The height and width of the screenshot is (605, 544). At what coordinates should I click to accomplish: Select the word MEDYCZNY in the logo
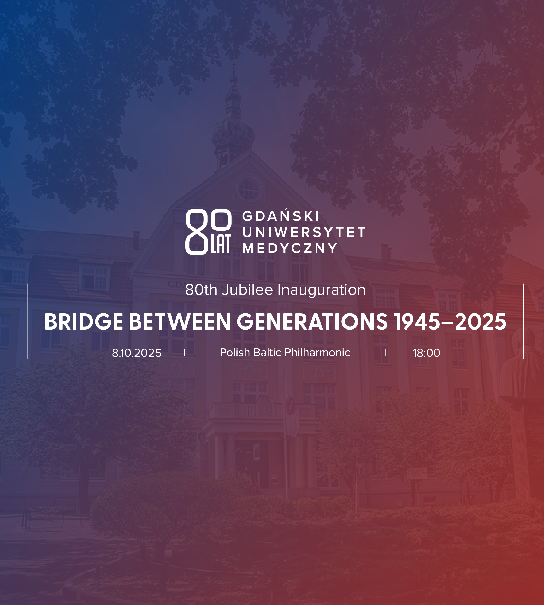coord(290,248)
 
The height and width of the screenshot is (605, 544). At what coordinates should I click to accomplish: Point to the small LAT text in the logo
coord(221,244)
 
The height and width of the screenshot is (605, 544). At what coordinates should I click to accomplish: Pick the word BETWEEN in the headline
coord(180,322)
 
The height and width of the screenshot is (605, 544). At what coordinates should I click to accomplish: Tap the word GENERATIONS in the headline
coord(312,322)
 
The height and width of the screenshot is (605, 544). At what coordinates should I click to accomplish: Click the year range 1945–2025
coord(450,322)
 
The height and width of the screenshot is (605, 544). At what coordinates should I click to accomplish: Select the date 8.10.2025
coord(137,353)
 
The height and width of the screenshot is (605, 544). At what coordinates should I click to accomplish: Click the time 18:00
coord(426,353)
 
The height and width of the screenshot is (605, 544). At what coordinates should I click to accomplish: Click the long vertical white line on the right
coord(523,321)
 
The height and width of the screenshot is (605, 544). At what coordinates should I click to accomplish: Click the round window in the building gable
coord(249,189)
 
